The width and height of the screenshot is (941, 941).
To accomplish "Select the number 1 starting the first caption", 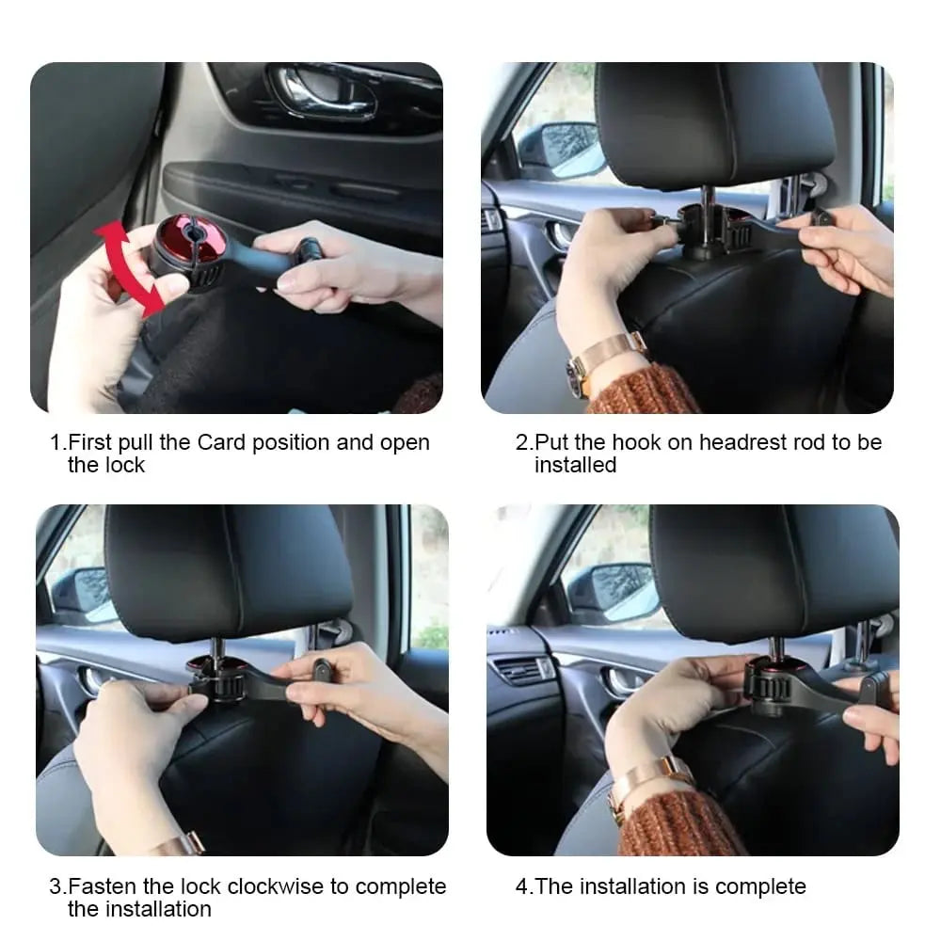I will pos(56,443).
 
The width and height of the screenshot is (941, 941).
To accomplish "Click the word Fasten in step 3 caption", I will pos(104,887).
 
